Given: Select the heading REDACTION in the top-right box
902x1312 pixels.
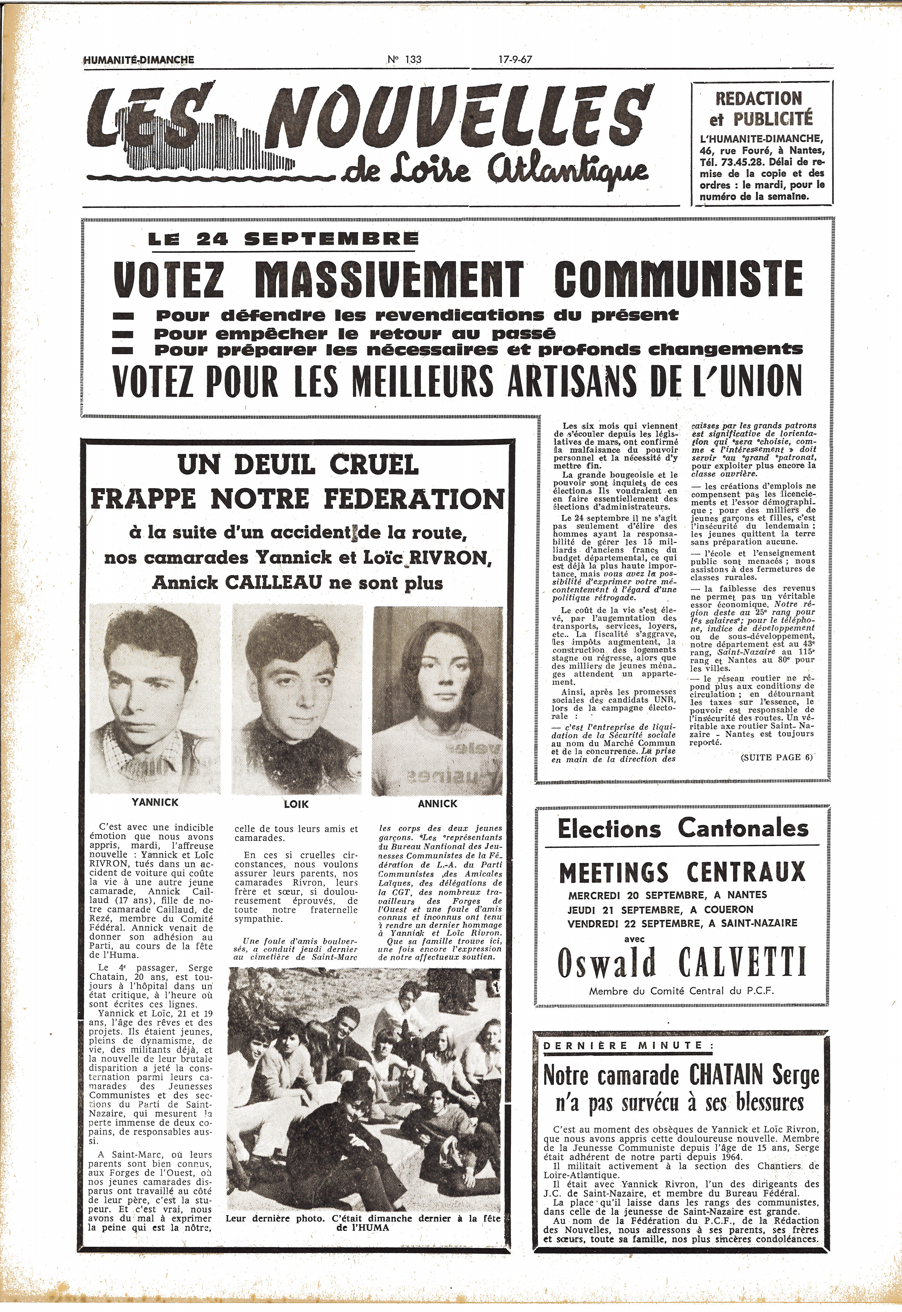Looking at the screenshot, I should point(758,98).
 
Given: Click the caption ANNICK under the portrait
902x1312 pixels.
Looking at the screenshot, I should point(437,803).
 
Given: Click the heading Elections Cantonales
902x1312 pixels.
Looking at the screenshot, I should point(683,828).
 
